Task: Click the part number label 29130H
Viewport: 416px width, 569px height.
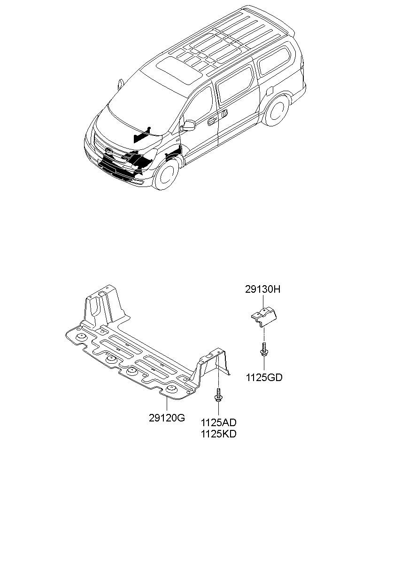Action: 262,289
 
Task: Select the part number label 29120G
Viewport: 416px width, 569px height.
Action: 167,418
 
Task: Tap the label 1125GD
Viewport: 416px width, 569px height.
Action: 264,378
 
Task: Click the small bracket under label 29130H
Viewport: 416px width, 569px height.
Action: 264,317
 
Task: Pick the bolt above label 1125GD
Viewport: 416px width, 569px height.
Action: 264,349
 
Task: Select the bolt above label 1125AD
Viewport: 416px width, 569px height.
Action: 218,395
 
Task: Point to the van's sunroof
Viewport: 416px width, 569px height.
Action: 179,70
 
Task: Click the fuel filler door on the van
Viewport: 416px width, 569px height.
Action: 270,91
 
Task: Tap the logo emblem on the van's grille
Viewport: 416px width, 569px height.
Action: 109,151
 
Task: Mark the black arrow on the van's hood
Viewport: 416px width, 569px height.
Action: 142,135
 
